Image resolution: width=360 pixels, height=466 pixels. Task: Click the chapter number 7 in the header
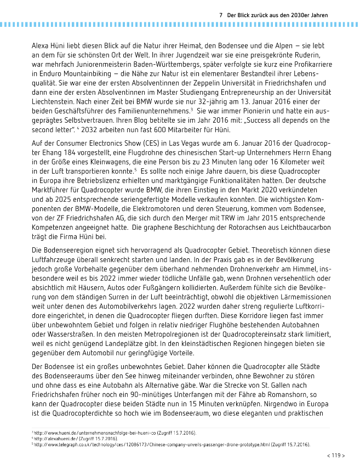220,15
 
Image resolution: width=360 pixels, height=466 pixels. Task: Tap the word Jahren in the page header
317,15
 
